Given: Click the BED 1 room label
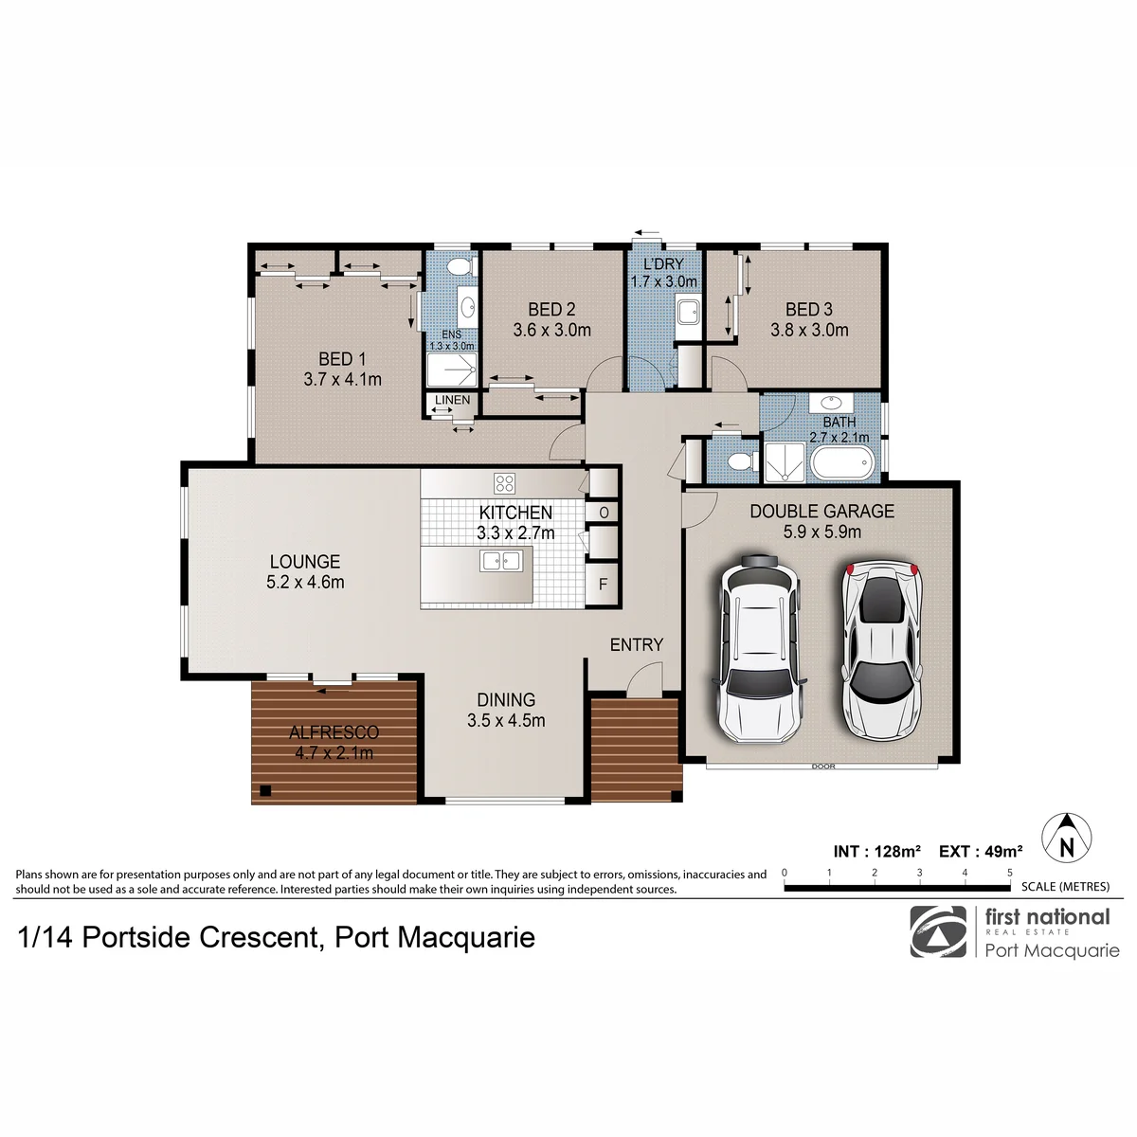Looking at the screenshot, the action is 342,359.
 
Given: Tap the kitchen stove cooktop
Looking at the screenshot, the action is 504,483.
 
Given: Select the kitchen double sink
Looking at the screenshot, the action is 501,561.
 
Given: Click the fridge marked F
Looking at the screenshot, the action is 603,584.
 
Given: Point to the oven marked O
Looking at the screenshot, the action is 603,513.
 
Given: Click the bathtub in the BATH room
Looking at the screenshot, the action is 841,463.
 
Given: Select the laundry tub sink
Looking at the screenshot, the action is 688,311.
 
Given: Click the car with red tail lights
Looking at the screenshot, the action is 881,649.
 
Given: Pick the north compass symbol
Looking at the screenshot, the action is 1066,838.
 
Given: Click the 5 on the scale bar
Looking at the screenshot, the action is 1009,872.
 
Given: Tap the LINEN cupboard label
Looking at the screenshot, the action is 452,400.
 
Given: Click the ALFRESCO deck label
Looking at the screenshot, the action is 334,732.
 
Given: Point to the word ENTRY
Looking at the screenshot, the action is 637,644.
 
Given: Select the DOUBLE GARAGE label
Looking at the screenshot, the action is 821,511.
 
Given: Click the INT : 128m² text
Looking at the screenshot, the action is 876,852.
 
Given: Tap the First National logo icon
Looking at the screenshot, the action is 938,931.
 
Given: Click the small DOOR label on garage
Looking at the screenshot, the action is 823,767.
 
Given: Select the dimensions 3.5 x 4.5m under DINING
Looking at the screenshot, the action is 506,720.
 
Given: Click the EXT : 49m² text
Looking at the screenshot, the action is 981,852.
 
